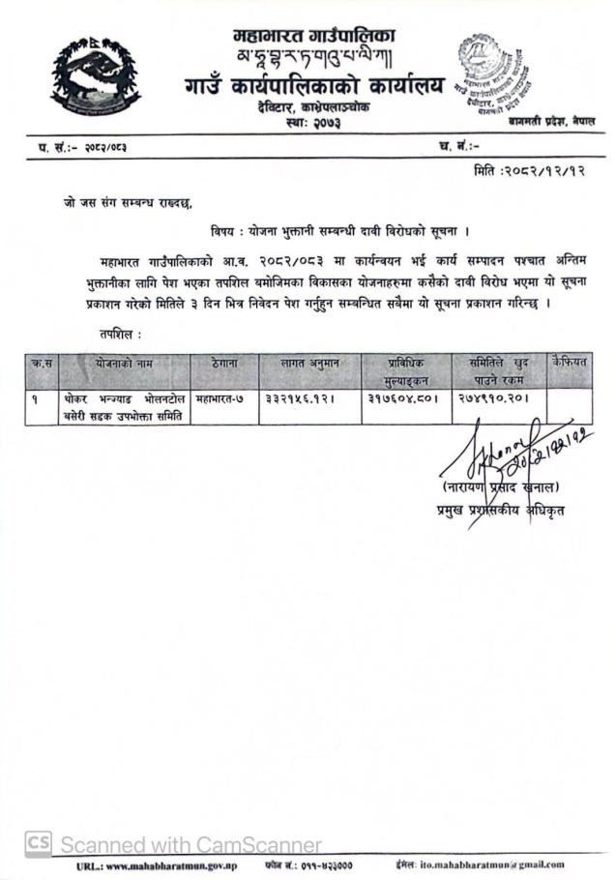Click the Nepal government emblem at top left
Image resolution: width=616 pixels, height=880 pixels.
[x=95, y=75]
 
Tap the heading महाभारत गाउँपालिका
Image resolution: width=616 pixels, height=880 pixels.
[x=314, y=37]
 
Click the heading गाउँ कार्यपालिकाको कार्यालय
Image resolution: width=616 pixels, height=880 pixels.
[x=314, y=86]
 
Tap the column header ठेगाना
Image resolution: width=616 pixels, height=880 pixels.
[x=221, y=362]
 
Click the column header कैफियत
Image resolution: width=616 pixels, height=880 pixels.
[x=570, y=361]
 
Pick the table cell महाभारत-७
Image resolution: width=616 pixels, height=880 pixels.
[x=221, y=398]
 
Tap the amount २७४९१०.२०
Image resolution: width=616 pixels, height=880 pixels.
[x=496, y=398]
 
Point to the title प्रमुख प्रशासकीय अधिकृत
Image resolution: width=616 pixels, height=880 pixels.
[x=499, y=510]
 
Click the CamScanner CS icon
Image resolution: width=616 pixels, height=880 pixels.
[x=39, y=843]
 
